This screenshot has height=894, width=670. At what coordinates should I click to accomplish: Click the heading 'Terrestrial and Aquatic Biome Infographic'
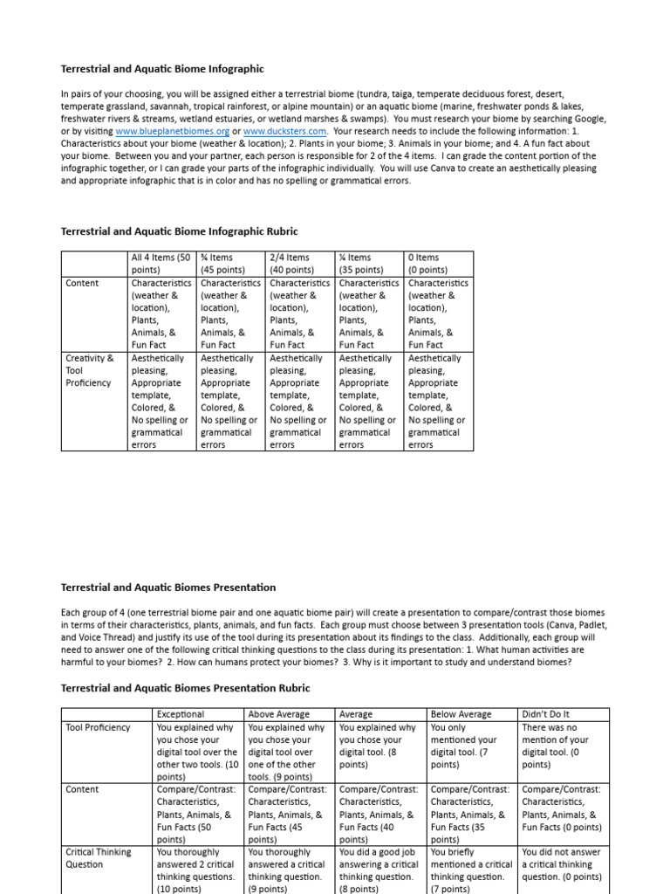click(x=162, y=68)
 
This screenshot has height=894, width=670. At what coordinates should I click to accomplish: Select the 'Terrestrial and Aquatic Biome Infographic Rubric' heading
click(x=179, y=231)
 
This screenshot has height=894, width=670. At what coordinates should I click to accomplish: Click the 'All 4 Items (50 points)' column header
click(x=161, y=264)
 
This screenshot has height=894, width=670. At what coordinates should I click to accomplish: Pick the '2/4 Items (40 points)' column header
click(x=299, y=264)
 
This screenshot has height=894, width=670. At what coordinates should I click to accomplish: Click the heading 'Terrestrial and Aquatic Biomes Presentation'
click(x=167, y=587)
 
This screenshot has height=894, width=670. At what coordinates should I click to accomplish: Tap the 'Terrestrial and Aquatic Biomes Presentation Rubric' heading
click(x=185, y=688)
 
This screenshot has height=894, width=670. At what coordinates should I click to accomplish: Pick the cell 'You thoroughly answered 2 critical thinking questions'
click(x=197, y=870)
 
